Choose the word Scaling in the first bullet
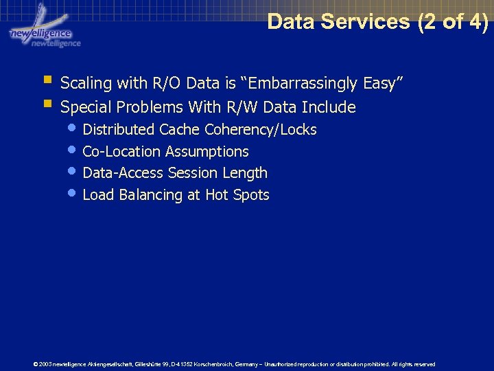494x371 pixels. pos(86,84)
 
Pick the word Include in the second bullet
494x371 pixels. pos(332,107)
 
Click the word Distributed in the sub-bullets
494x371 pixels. pos(119,129)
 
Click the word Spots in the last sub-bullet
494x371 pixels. pos(251,195)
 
